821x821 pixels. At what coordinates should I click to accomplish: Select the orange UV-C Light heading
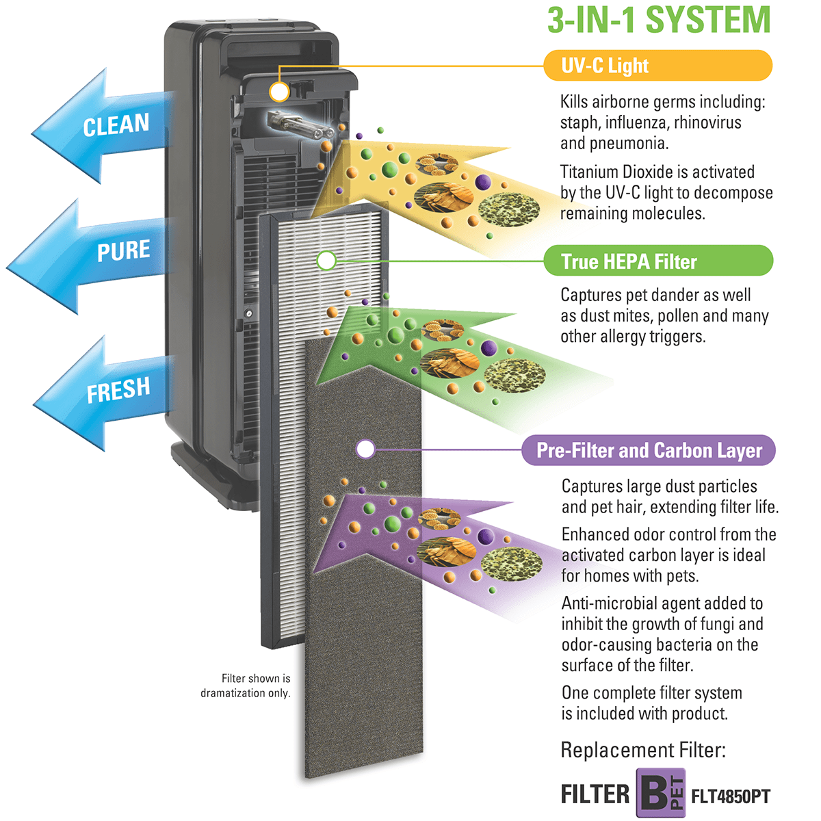click(x=657, y=66)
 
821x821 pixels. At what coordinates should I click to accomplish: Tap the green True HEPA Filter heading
click(x=657, y=261)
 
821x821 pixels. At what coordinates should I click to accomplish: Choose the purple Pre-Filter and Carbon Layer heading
click(x=648, y=450)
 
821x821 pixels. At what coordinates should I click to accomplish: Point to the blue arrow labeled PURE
click(x=96, y=253)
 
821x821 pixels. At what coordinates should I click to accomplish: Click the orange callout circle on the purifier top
click(x=279, y=92)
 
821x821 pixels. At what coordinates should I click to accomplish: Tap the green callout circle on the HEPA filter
click(x=327, y=260)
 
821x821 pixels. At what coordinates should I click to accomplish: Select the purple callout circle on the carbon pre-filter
click(x=366, y=449)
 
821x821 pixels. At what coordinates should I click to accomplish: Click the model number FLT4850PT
click(x=731, y=796)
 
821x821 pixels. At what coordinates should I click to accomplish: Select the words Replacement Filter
click(x=642, y=751)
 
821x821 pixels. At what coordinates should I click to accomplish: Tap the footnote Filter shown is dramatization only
click(x=246, y=686)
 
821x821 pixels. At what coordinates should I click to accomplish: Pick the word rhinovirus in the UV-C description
click(x=707, y=122)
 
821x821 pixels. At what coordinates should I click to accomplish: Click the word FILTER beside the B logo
click(x=595, y=794)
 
